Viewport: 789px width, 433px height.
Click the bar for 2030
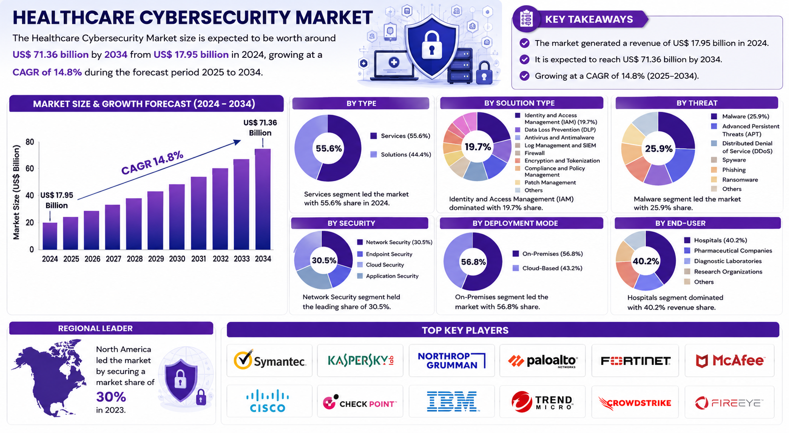[177, 217]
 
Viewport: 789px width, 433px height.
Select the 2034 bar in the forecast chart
[263, 199]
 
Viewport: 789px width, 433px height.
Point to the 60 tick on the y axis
[29, 168]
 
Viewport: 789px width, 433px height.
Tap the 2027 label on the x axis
[113, 259]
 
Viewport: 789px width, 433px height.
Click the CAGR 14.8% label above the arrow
[152, 162]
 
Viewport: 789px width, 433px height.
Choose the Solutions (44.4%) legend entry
[401, 154]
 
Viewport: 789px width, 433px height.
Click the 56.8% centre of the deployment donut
[473, 262]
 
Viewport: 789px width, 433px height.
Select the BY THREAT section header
[697, 103]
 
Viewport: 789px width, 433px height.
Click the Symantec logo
[270, 360]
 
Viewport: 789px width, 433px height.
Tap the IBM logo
[452, 401]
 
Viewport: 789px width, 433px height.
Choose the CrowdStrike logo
[635, 403]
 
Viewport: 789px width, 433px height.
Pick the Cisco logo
[268, 401]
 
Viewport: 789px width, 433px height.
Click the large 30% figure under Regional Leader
[111, 397]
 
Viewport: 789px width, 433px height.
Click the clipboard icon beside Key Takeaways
[526, 19]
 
